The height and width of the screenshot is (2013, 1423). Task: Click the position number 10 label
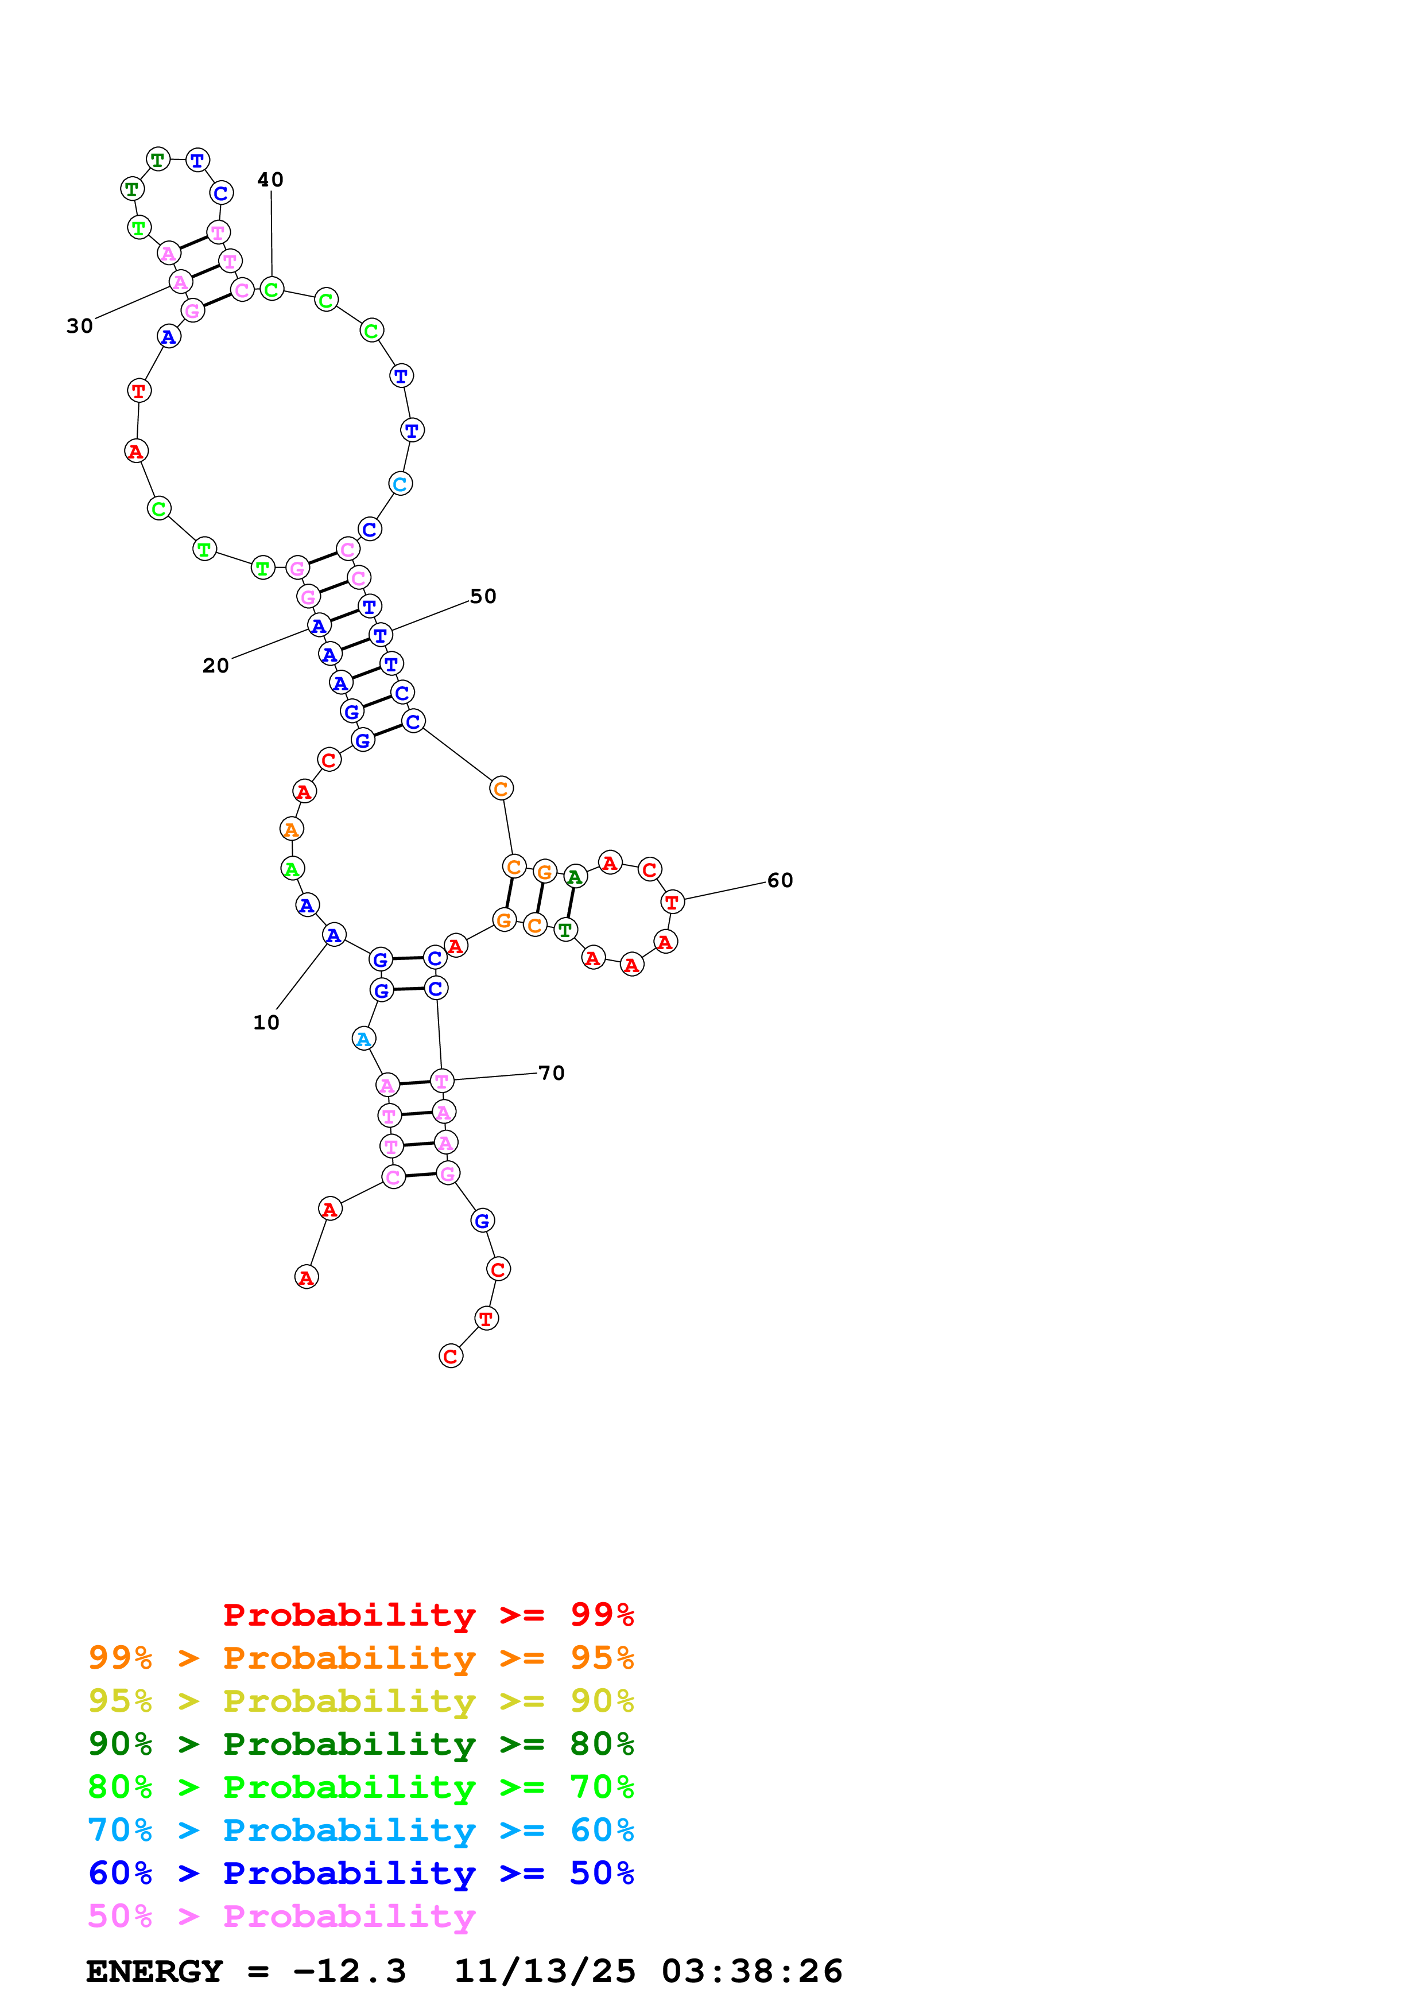(x=266, y=1023)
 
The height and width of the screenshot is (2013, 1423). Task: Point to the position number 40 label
(x=270, y=180)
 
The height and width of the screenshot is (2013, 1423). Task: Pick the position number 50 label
(x=483, y=596)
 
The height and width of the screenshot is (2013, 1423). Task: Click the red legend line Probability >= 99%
(x=428, y=1615)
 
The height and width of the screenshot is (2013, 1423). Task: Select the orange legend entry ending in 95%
(x=360, y=1658)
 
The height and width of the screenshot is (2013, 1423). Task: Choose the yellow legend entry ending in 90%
(x=360, y=1701)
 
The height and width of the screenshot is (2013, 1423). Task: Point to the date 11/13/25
(x=545, y=1971)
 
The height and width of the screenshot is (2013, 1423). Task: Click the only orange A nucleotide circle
(x=291, y=829)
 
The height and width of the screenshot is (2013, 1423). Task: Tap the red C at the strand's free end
(x=451, y=1357)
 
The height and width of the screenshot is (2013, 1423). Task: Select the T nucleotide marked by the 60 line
(x=672, y=901)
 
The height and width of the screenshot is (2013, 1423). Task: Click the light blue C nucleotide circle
(x=400, y=484)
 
